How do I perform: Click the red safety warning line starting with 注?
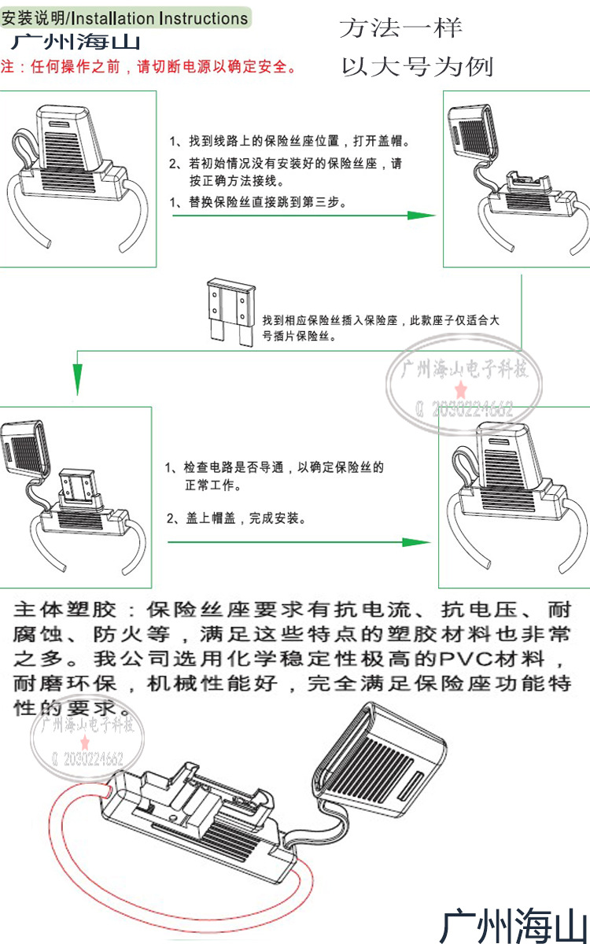tap(149, 67)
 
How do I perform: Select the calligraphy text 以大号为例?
tap(417, 67)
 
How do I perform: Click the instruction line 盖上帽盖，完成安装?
tap(237, 518)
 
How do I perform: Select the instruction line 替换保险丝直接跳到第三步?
tap(260, 201)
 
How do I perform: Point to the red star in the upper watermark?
tap(461, 390)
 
